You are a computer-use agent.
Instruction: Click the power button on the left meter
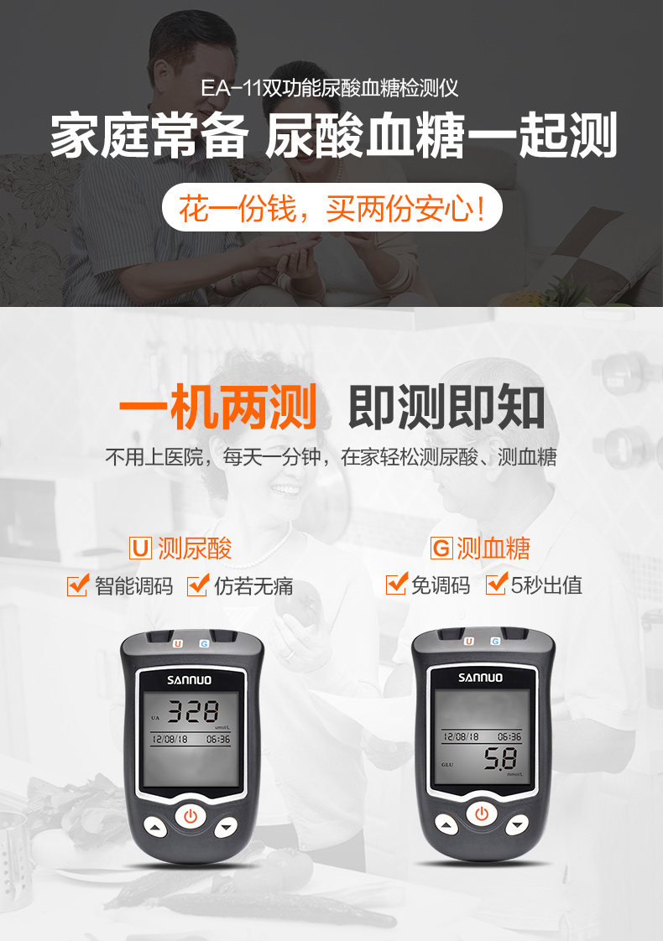pos(191,814)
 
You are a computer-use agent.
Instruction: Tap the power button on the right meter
pos(482,814)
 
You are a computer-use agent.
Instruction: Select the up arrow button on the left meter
pos(157,828)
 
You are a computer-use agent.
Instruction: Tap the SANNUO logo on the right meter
pos(481,677)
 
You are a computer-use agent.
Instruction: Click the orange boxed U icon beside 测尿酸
pos(140,549)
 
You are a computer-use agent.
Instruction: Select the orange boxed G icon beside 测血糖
pos(441,549)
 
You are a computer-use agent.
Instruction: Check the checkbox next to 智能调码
pos(77,585)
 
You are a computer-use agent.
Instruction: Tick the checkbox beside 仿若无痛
pos(197,585)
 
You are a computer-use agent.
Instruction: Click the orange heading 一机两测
pos(218,408)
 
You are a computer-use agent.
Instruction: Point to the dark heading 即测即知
pos(446,408)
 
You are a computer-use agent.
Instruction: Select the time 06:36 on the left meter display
pos(218,741)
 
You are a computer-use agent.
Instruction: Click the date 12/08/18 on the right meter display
pos(461,736)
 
